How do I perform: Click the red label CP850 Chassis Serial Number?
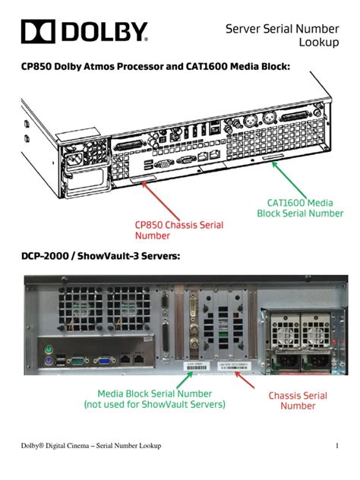click(180, 230)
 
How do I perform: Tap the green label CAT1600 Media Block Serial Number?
click(299, 207)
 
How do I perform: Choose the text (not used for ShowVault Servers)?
click(155, 405)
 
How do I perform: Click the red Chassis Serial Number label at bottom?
click(298, 400)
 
